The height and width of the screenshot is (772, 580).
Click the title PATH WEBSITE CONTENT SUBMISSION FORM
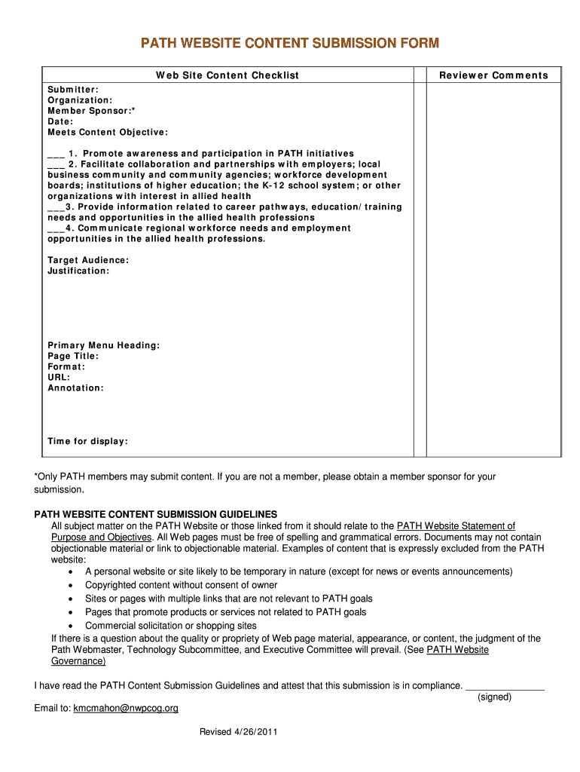290,43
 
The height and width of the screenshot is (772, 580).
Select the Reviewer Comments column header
493,75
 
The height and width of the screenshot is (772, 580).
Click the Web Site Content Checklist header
227,75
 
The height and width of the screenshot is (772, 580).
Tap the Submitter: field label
73,90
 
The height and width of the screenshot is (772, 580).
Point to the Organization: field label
80,100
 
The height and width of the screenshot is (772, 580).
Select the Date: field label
60,121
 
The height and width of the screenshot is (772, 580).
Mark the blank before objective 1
56,154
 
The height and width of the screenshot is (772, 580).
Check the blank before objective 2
56,164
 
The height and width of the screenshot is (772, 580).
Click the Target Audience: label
88,260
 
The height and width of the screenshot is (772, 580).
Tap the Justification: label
78,271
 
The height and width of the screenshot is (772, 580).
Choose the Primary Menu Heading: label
103,345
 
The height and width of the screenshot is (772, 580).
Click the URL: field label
59,377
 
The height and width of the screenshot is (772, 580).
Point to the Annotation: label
75,388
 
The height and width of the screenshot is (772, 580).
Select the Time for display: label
87,441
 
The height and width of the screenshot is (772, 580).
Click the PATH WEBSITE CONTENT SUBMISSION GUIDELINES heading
156,514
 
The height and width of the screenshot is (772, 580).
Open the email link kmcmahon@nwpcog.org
126,708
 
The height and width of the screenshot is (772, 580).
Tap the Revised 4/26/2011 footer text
240,732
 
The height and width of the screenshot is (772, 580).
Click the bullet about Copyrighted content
181,585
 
